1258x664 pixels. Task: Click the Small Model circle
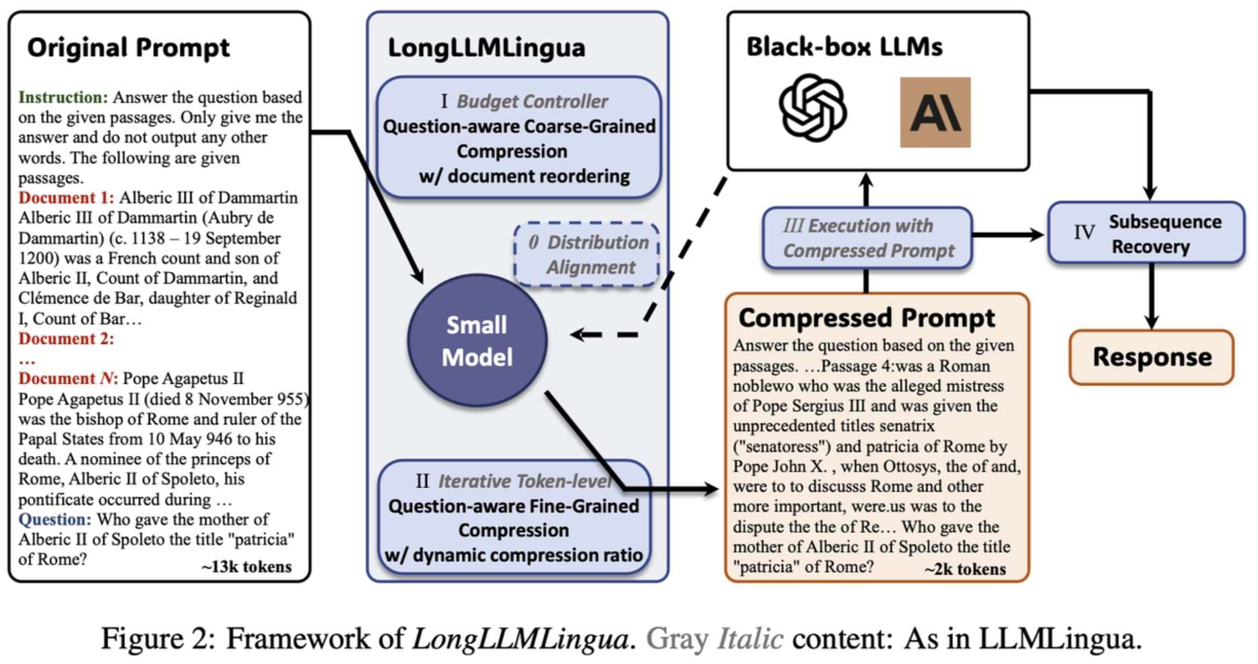click(477, 340)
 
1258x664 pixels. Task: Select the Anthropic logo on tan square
click(935, 112)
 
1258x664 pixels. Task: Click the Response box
click(1152, 357)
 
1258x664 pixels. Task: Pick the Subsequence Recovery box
click(1146, 233)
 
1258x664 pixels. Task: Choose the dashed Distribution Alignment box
click(587, 255)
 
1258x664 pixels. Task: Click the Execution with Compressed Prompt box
click(867, 238)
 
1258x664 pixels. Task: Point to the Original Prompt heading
click(128, 48)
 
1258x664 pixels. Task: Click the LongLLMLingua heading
click(486, 48)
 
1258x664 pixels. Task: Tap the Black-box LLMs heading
click(845, 46)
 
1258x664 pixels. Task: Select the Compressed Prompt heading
click(867, 317)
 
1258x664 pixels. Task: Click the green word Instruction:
click(63, 97)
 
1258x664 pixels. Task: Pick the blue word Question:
click(55, 519)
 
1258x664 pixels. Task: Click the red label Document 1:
click(66, 197)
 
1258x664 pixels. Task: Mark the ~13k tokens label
click(246, 566)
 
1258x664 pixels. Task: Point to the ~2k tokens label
click(965, 569)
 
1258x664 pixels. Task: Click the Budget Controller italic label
click(532, 101)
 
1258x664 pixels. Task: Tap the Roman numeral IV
click(1084, 232)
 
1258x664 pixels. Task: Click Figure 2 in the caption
click(158, 638)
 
